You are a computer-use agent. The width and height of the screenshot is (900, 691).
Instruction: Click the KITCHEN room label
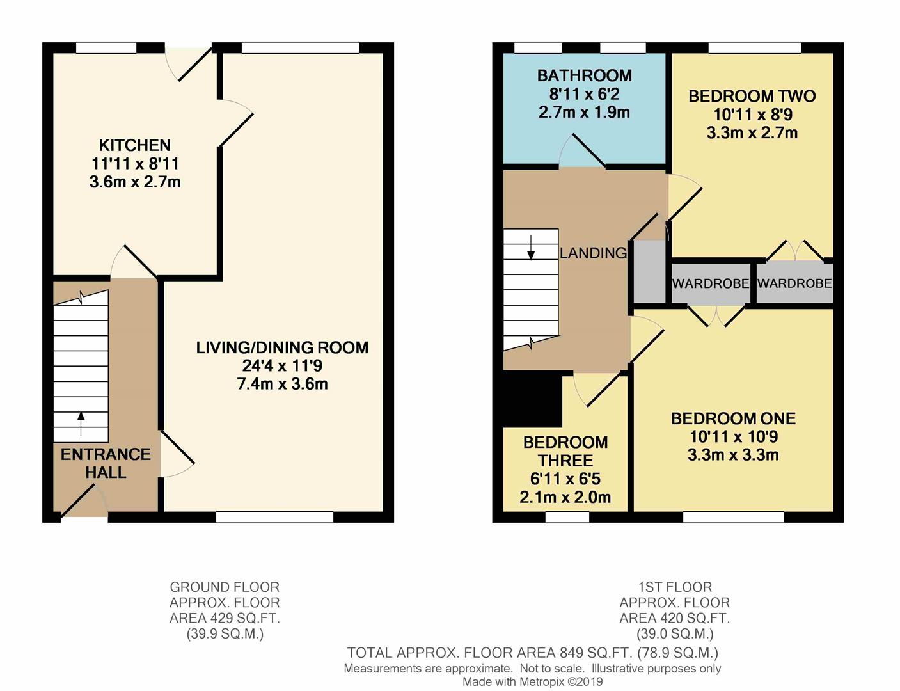coord(134,145)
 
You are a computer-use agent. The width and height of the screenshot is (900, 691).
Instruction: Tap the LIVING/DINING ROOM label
coord(282,347)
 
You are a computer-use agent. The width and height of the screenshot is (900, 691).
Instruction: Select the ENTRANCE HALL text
coord(106,464)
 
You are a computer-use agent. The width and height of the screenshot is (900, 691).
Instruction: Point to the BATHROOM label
coord(585,75)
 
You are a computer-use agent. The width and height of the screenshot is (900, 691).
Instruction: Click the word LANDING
coord(593,253)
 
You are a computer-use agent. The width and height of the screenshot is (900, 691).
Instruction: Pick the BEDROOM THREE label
coord(565,452)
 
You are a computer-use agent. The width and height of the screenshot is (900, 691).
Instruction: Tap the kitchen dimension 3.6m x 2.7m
coord(135,182)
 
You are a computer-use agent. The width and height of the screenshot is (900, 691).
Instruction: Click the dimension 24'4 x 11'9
coord(282,366)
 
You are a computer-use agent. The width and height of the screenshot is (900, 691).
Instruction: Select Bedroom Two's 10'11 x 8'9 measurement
coord(752,115)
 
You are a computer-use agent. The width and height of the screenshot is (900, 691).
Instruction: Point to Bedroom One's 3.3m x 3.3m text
coord(733,455)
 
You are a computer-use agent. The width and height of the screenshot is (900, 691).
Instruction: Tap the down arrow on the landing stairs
coord(530,248)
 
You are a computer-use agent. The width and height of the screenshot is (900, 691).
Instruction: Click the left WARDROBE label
coord(710,283)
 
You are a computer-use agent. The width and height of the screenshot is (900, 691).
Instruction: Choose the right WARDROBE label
coord(794,283)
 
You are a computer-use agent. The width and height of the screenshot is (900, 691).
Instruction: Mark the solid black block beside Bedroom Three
coord(532,399)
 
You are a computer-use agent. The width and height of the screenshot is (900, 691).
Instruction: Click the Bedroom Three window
coord(567,516)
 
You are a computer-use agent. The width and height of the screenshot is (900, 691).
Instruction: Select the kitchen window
coord(106,47)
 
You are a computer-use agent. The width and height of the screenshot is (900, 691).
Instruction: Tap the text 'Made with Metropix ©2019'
coord(533,681)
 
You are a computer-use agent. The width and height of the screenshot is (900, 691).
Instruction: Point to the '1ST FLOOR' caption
coord(675,587)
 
